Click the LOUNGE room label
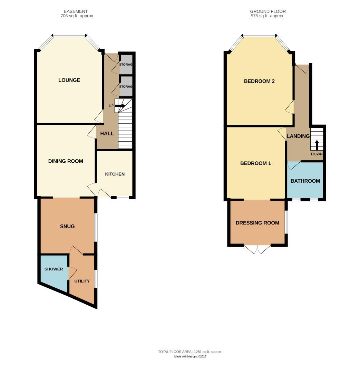coord(69,80)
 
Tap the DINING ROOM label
coord(66,161)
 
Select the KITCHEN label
coord(115,174)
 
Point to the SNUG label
coord(67,227)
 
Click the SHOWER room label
coord(53,269)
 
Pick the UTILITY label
coord(82,281)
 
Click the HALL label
coord(107,134)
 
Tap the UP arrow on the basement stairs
coord(120,106)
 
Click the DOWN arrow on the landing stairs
coord(317,144)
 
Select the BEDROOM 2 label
coord(259,82)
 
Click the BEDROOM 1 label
coord(255,163)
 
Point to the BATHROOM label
coord(305,181)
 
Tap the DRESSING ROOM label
coord(257,223)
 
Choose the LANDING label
coord(298,136)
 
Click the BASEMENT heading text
coord(76,11)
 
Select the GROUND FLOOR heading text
coord(268,11)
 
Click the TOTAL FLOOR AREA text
coord(190,352)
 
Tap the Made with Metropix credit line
coord(190,356)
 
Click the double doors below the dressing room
coord(257,249)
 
